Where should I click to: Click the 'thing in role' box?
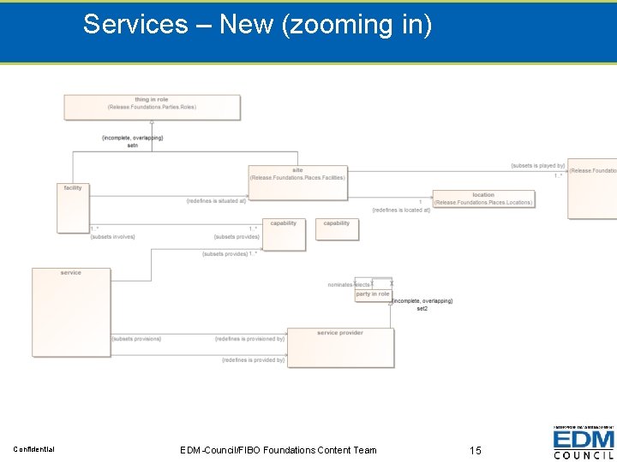point(152,107)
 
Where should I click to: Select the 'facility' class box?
point(72,208)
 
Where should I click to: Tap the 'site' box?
point(297,182)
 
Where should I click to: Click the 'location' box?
point(483,198)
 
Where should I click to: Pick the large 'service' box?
point(71,311)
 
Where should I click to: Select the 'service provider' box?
point(340,346)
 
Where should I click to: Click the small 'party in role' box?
point(373,294)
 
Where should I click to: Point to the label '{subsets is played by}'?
point(537,166)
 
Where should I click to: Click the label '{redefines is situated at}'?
point(216,201)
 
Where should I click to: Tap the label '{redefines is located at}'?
point(401,210)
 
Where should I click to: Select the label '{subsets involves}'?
point(112,237)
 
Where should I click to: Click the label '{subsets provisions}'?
point(136,339)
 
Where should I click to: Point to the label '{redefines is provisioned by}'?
point(249,339)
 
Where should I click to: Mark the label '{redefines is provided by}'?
point(253,360)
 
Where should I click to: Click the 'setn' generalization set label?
point(133,145)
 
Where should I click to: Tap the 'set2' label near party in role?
point(422,308)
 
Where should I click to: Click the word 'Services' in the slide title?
point(135,25)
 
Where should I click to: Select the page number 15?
point(476,450)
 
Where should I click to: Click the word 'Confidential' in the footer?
point(34,450)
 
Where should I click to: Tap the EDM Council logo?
point(584,443)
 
